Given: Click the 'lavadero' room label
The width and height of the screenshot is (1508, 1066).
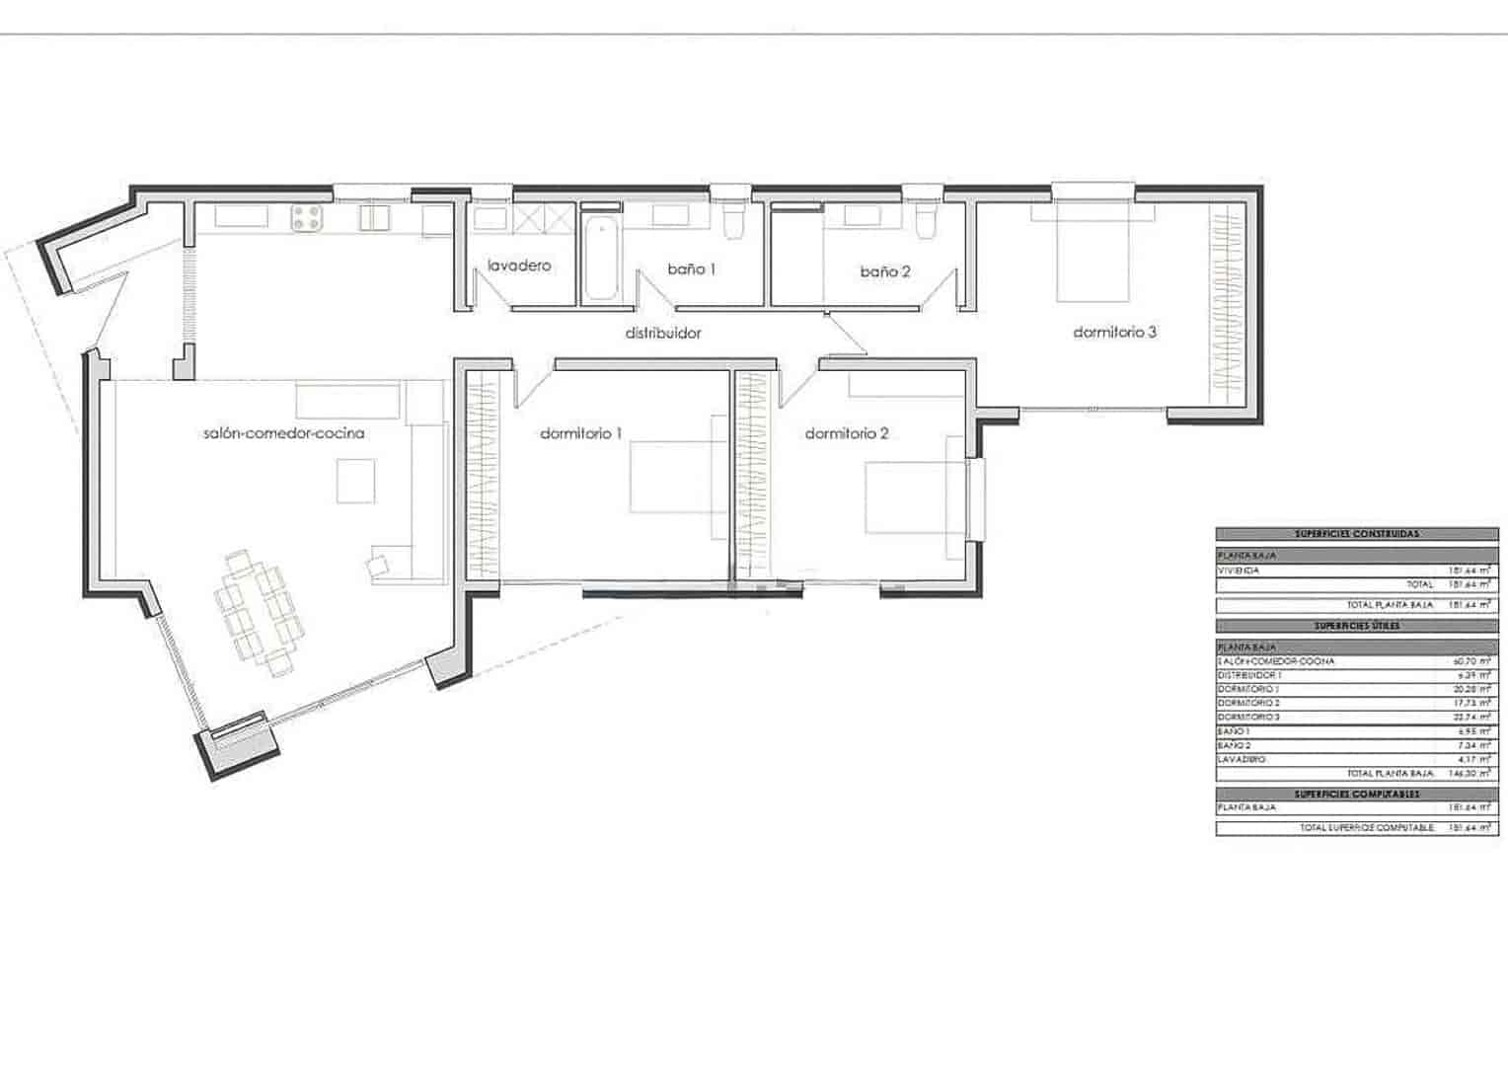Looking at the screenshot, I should coord(519,266).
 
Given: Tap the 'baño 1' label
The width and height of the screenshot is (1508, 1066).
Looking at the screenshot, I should coord(691,268).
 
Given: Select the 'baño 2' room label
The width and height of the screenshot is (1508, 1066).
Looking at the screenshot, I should coord(884,271).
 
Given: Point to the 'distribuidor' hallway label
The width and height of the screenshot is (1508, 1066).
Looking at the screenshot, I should coord(663,333).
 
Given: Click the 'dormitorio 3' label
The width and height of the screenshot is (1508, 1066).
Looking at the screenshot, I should coord(1114,333).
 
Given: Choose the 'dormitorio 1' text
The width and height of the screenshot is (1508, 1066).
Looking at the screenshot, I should coord(581,433).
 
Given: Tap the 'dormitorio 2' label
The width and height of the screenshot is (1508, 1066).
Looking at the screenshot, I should coord(847,433).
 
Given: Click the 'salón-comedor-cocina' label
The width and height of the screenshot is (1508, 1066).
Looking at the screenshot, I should coord(283,433).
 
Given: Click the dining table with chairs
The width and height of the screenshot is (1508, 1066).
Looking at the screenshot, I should coord(259,613).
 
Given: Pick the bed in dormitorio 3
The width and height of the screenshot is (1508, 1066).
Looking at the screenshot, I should coord(1093,252).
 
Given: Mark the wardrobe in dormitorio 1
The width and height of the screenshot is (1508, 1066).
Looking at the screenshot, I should coord(482,474).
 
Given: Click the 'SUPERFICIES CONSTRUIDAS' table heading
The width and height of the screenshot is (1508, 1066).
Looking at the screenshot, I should coord(1356,534).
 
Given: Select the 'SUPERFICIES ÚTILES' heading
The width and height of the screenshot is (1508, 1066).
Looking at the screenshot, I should coord(1356,626).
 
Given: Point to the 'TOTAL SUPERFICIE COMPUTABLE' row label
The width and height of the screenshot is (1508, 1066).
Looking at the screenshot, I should coord(1366,828).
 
